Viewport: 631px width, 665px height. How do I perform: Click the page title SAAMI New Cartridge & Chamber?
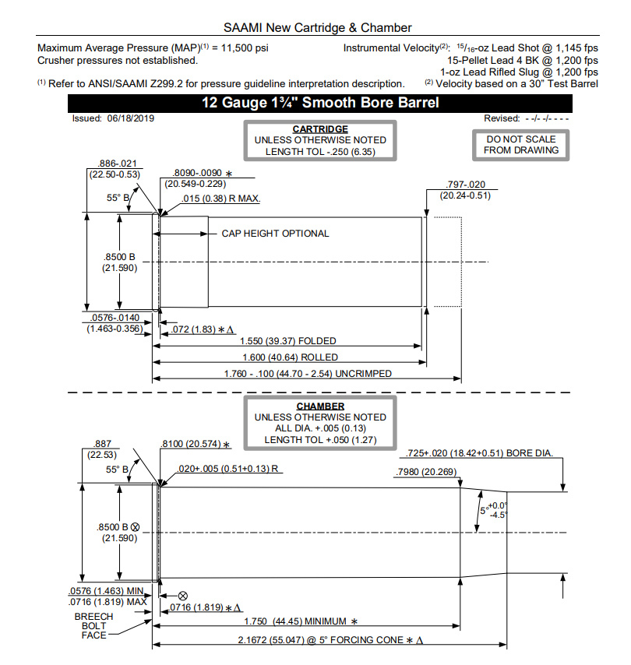pyautogui.click(x=316, y=28)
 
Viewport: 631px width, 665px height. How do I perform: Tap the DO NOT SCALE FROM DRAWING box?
pyautogui.click(x=521, y=144)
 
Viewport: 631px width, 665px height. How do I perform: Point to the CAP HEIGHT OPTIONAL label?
pyautogui.click(x=275, y=234)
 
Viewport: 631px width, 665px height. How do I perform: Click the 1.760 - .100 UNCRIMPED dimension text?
pyautogui.click(x=308, y=374)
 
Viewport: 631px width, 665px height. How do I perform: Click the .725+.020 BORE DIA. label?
pyautogui.click(x=481, y=453)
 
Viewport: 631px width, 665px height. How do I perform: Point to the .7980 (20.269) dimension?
pyautogui.click(x=428, y=472)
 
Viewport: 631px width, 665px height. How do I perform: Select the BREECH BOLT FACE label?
pyautogui.click(x=93, y=626)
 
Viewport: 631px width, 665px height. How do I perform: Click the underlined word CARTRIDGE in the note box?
pyautogui.click(x=319, y=129)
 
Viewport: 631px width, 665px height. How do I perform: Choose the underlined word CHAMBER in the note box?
pyautogui.click(x=319, y=406)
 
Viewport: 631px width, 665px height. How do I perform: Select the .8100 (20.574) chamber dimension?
pyautogui.click(x=196, y=444)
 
